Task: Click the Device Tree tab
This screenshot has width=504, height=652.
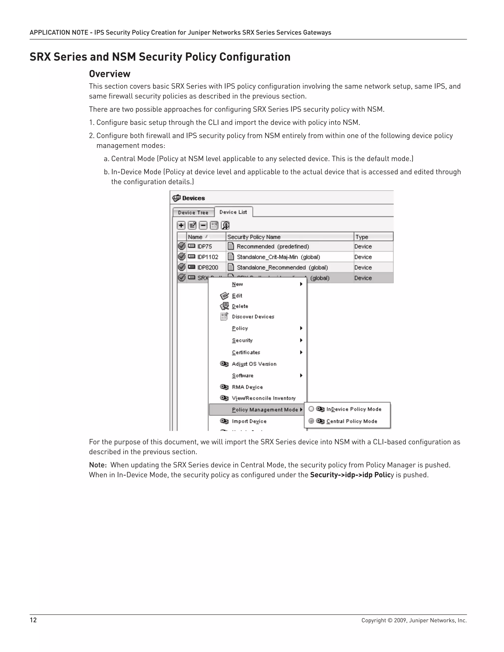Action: [x=193, y=213]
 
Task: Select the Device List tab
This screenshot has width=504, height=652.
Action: [x=233, y=212]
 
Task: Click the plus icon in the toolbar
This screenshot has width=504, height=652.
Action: [x=181, y=225]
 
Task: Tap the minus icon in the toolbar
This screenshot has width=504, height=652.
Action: [x=203, y=225]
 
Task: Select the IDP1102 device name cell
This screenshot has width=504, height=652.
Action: [x=207, y=257]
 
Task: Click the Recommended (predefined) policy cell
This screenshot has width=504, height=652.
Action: [x=273, y=247]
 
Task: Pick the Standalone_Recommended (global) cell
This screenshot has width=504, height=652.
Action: [x=282, y=267]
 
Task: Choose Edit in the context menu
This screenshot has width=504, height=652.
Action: [x=237, y=295]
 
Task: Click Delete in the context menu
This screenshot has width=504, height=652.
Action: [x=240, y=306]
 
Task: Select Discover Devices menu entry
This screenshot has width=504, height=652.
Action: [x=253, y=317]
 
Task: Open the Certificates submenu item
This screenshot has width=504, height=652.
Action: [x=246, y=353]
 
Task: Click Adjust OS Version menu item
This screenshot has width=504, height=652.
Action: [x=254, y=364]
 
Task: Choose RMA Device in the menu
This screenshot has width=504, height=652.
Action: [x=247, y=387]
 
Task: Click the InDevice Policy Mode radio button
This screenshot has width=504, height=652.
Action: [x=311, y=409]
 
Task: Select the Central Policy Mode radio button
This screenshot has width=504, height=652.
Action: [x=311, y=421]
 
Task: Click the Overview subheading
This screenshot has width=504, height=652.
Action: [x=110, y=74]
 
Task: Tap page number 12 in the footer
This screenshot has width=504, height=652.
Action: [x=33, y=620]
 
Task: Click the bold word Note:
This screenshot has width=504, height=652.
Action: [x=98, y=465]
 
